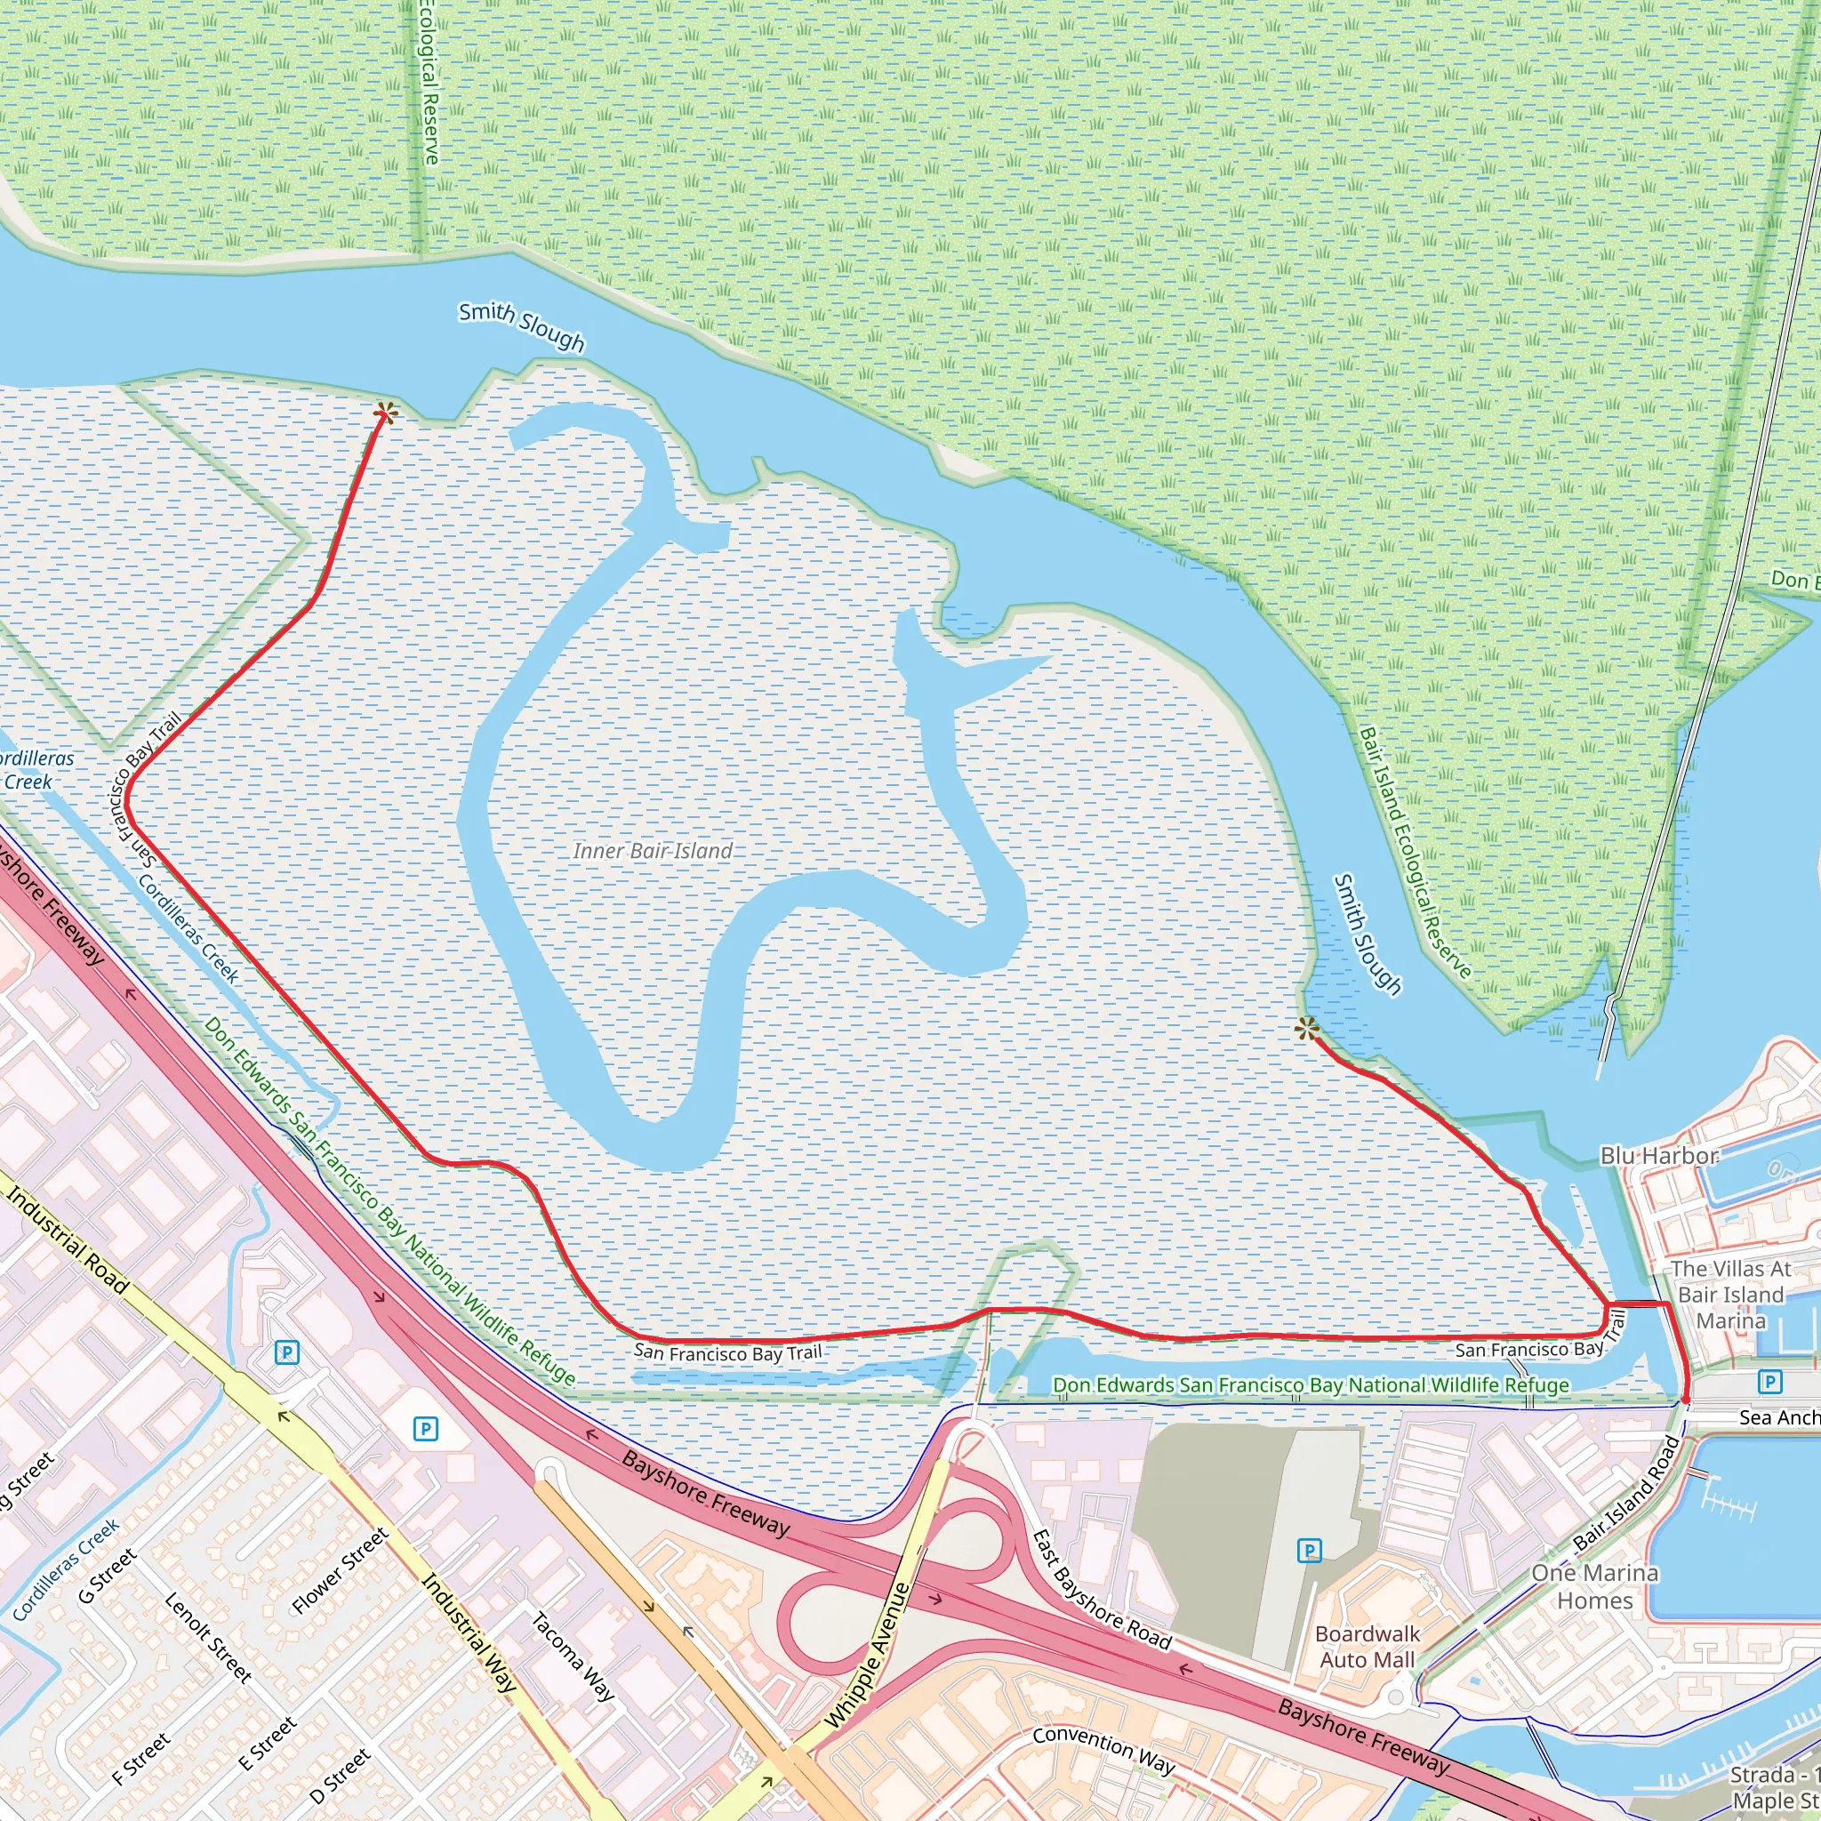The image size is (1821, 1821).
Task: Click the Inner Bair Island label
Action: coord(653,851)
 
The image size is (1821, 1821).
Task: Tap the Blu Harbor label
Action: coord(1659,1156)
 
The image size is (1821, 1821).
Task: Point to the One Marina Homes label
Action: coord(1595,1586)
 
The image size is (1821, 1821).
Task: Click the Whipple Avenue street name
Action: coord(867,1657)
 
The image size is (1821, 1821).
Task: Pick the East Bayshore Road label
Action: coord(1101,1591)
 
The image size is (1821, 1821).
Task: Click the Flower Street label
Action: coord(341,1571)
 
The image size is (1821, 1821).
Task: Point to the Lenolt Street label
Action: coord(208,1639)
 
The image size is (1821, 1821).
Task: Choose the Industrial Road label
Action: coord(67,1241)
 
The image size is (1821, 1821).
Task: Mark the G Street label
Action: coord(108,1576)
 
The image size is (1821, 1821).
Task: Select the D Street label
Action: coord(341,1776)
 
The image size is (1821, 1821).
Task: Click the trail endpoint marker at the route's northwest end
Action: coord(384,413)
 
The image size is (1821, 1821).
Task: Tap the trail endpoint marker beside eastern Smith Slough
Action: coord(1306,1030)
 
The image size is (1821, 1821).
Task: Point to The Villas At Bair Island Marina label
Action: coord(1731,1294)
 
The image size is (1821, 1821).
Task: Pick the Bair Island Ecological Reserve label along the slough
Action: coord(1415,853)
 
